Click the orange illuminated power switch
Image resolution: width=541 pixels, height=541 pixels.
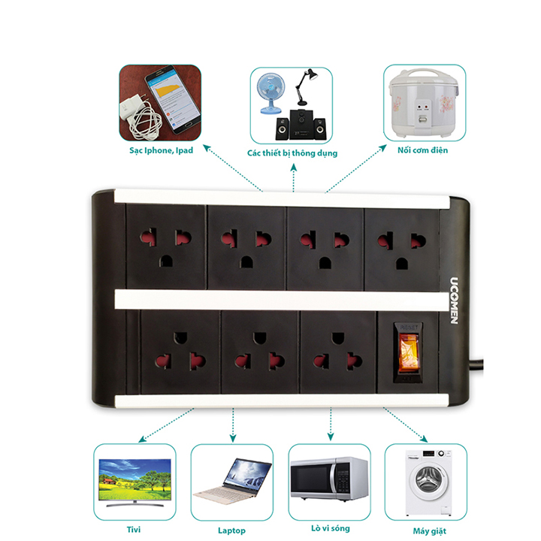point(408,352)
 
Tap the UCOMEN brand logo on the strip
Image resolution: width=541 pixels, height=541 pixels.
point(454,301)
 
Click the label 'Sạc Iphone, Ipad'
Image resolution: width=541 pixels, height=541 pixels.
point(161,150)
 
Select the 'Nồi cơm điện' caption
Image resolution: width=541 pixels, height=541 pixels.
point(422,150)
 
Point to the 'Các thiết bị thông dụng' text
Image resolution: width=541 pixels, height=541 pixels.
point(292,153)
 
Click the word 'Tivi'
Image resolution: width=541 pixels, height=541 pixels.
point(134,529)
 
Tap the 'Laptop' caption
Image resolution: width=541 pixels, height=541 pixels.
point(232,530)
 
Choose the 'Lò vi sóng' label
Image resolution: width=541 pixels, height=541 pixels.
point(331,528)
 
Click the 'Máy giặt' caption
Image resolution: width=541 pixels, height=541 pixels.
point(430,531)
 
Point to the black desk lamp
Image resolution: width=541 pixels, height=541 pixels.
point(304,87)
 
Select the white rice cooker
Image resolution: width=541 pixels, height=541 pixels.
point(425,103)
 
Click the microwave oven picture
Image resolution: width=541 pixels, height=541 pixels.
point(329,479)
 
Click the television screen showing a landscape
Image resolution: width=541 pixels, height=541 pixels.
point(135,479)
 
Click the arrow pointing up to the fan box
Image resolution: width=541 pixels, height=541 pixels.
point(294,177)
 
